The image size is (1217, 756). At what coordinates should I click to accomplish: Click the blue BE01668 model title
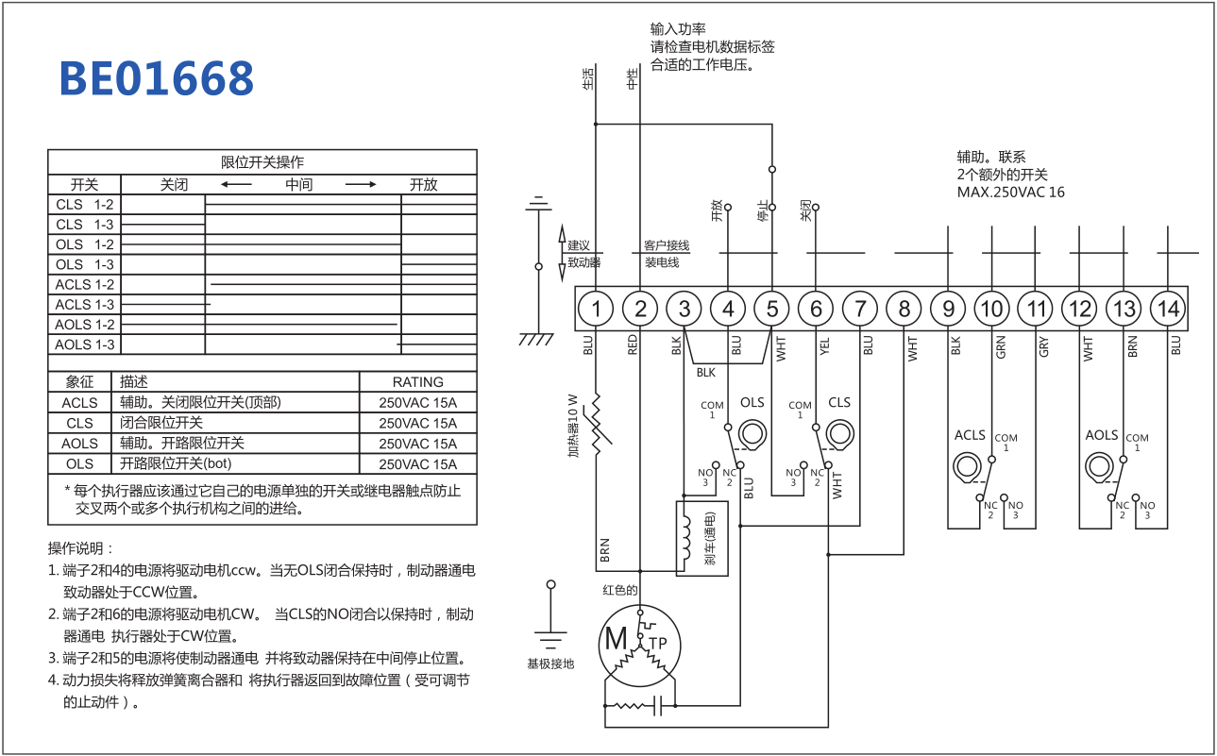[157, 78]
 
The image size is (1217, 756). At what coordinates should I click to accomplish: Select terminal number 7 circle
[859, 309]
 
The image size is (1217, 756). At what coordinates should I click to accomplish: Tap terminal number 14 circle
[1168, 309]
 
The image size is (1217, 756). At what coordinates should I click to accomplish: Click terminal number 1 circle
[596, 309]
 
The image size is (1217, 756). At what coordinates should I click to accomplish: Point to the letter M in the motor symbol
[616, 639]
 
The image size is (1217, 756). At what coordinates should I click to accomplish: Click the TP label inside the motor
[657, 644]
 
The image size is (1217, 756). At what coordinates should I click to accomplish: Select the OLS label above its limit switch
[752, 402]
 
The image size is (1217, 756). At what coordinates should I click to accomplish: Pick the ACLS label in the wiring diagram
[970, 435]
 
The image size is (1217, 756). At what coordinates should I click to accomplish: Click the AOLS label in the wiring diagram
[1101, 435]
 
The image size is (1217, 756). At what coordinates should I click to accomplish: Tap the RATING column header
[418, 382]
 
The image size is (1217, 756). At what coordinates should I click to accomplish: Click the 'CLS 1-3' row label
[85, 225]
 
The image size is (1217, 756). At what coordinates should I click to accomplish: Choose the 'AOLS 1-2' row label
[85, 325]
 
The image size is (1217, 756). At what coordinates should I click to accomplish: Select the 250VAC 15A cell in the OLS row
[418, 464]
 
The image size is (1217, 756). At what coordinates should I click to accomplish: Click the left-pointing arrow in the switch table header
[236, 185]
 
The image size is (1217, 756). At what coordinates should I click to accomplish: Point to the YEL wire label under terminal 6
[824, 346]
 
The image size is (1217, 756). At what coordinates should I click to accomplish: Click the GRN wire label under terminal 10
[1001, 347]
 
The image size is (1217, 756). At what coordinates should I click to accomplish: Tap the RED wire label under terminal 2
[632, 344]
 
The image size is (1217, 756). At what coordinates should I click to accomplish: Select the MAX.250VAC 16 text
[1010, 193]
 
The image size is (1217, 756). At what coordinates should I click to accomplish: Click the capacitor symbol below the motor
[657, 705]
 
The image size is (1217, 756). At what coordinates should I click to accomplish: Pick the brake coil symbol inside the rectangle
[685, 538]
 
